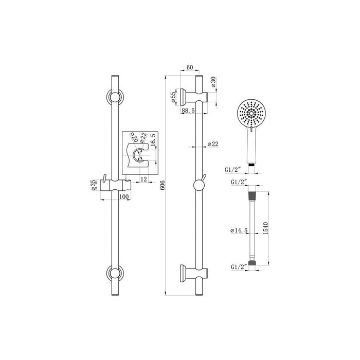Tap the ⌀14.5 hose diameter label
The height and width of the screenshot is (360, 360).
click(240, 231)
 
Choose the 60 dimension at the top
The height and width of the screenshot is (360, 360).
click(189, 68)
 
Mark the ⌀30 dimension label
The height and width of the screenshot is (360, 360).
click(212, 82)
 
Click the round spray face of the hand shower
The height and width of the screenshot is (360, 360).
click(251, 113)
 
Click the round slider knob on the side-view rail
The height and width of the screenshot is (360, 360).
click(198, 186)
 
